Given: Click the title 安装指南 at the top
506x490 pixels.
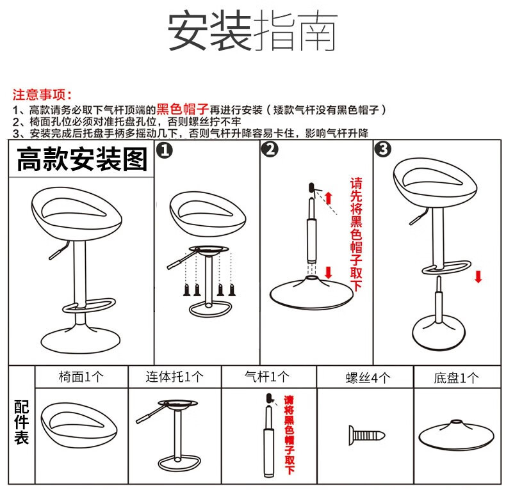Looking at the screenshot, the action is click(x=252, y=31).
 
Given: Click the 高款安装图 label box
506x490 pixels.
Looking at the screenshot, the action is click(x=81, y=159).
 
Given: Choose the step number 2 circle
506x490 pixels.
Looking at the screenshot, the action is click(x=270, y=150).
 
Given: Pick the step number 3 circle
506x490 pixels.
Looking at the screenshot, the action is click(x=383, y=150).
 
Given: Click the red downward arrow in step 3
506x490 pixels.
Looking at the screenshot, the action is click(x=478, y=276).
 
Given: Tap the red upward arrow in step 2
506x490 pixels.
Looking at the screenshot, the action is click(x=329, y=198).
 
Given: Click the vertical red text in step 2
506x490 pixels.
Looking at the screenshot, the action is click(x=356, y=233).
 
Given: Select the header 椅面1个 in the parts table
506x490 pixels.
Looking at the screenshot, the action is click(x=81, y=377).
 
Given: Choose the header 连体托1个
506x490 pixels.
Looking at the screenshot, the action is click(x=174, y=377).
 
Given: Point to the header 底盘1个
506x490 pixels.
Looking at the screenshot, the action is click(x=456, y=377).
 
